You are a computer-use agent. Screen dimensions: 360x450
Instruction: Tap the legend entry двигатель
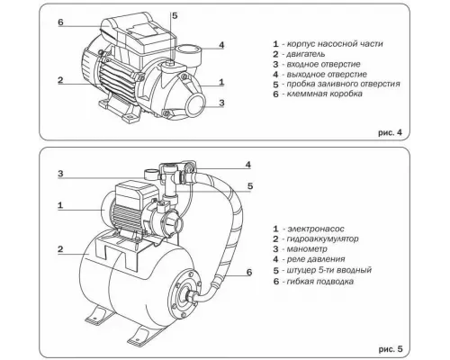310,55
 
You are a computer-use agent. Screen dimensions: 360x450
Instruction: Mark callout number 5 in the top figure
174,16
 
